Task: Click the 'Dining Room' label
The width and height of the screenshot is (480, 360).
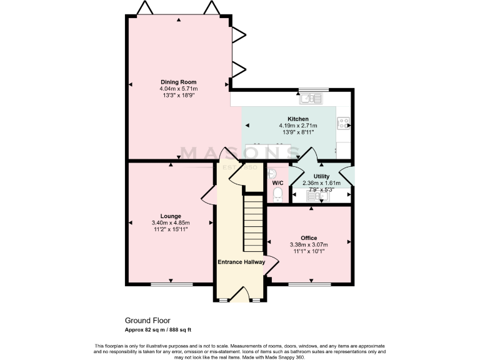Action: [179, 82]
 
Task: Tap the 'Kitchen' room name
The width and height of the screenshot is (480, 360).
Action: [297, 119]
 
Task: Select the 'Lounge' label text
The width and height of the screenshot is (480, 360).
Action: [170, 216]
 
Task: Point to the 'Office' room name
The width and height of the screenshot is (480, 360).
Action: [308, 238]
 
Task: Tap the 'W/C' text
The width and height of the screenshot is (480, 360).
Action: [278, 182]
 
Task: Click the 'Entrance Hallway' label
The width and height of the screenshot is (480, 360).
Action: [241, 262]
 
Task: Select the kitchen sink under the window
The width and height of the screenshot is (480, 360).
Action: [311, 98]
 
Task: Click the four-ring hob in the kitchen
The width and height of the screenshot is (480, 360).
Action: [344, 124]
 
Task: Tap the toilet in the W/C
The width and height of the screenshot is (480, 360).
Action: [278, 196]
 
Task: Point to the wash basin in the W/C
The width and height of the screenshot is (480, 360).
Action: [272, 173]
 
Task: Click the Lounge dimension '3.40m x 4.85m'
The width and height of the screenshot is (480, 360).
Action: [170, 223]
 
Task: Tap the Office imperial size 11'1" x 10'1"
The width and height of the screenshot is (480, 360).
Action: [308, 252]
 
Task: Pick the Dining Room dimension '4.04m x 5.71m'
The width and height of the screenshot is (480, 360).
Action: [179, 89]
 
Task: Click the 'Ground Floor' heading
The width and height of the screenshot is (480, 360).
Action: [147, 321]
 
